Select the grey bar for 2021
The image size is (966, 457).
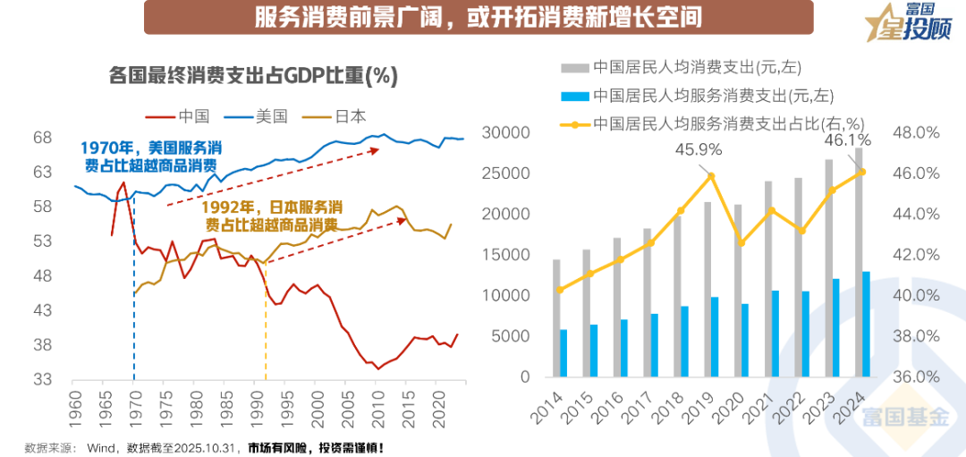point(767,278)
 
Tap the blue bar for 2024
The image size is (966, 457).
point(865,324)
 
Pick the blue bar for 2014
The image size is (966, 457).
point(563,353)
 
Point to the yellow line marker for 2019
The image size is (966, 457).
point(711,176)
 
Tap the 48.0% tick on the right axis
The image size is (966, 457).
point(916,132)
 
